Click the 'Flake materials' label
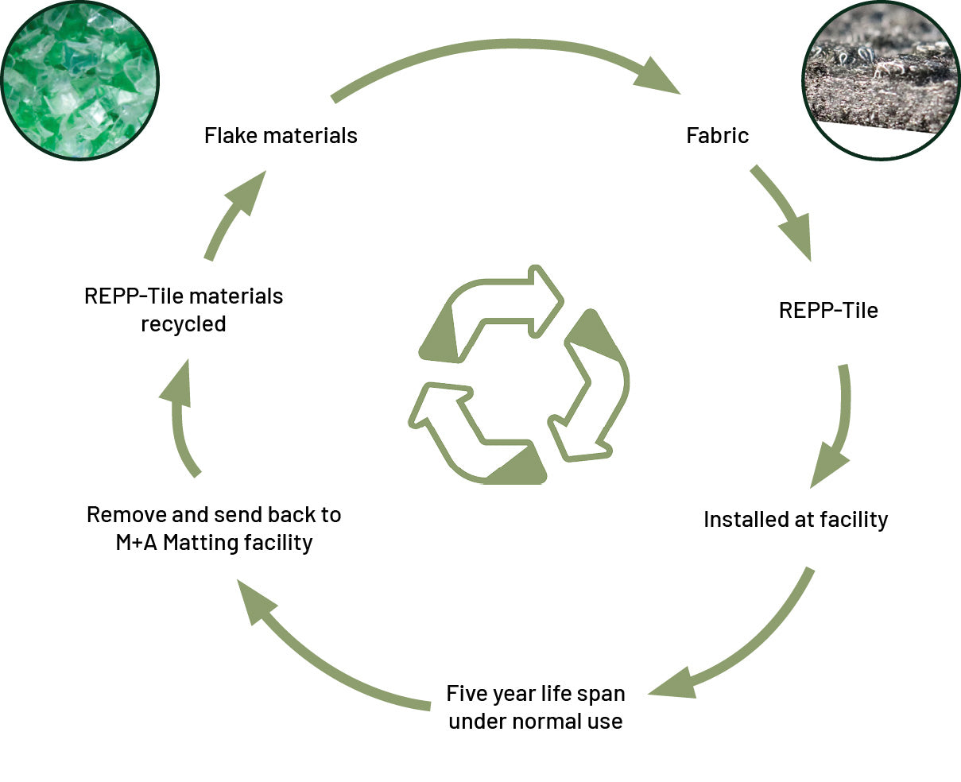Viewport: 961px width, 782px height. coord(281,136)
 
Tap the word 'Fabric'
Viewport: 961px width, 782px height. coord(717,136)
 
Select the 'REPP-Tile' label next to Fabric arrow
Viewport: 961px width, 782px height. coord(828,310)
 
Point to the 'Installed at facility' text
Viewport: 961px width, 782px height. coord(796,520)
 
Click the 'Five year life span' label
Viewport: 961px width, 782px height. coord(536,694)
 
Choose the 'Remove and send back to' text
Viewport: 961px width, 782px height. coord(214,515)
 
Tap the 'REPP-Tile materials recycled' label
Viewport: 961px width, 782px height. coord(184,310)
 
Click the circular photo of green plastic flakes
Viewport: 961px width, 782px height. coord(79,79)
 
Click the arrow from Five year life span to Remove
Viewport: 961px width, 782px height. coord(318,652)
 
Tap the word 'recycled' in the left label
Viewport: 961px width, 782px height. coord(184,324)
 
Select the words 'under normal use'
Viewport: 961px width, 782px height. coord(536,722)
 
